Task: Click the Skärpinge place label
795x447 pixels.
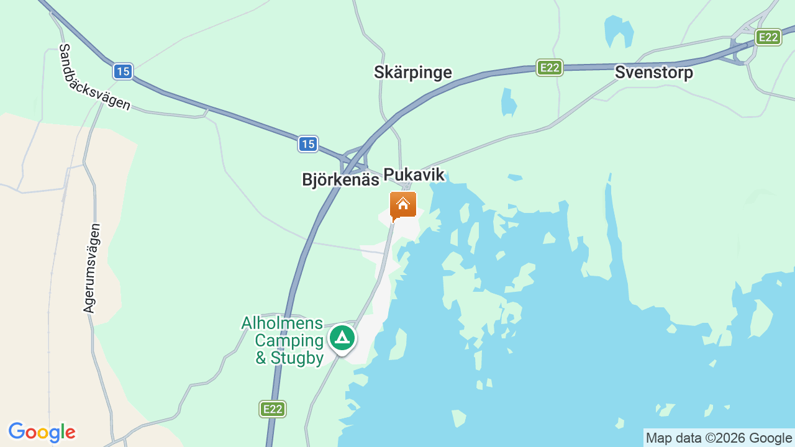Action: coord(412,72)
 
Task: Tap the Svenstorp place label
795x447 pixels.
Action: coord(653,73)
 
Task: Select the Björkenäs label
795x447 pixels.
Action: coord(340,179)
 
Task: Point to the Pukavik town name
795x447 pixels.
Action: coord(414,174)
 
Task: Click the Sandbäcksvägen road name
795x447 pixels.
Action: coord(94,77)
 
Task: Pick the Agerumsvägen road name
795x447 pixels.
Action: coord(91,268)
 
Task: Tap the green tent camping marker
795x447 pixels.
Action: coord(342,338)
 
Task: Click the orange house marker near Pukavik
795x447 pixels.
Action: coord(403,205)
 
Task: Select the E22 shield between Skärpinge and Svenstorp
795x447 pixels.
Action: coord(549,67)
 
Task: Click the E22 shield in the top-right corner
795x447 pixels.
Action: coord(768,37)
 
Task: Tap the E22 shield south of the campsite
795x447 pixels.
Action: coord(272,409)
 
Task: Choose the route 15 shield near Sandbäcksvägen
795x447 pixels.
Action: coord(122,71)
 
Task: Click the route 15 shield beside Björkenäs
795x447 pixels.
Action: coord(307,144)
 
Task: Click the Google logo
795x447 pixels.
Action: coord(42,432)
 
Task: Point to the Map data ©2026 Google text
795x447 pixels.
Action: coord(719,438)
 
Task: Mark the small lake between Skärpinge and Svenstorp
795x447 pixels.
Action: coord(509,102)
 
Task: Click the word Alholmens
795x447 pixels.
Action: coord(282,323)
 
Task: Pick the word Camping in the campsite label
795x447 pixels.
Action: coord(289,340)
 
